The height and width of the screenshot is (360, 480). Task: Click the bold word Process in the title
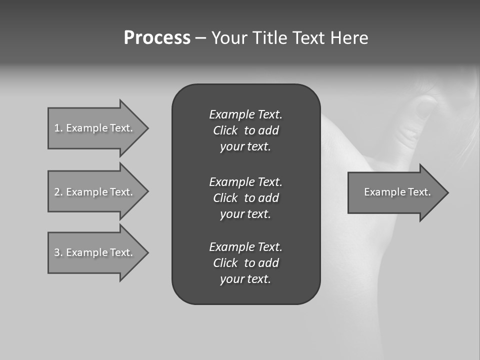157,38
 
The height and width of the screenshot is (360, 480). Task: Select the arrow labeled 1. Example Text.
95,128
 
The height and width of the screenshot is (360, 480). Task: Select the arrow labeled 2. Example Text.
95,192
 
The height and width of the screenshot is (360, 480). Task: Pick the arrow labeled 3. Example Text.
95,252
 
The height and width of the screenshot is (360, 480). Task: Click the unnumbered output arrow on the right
395,192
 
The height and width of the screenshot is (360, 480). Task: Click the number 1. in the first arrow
58,128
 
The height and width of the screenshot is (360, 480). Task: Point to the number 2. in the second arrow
58,192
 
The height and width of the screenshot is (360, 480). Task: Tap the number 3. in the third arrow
58,252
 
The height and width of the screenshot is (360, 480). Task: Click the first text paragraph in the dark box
245,130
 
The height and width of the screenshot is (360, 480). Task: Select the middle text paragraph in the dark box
245,198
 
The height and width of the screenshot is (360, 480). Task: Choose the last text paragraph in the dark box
245,263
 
